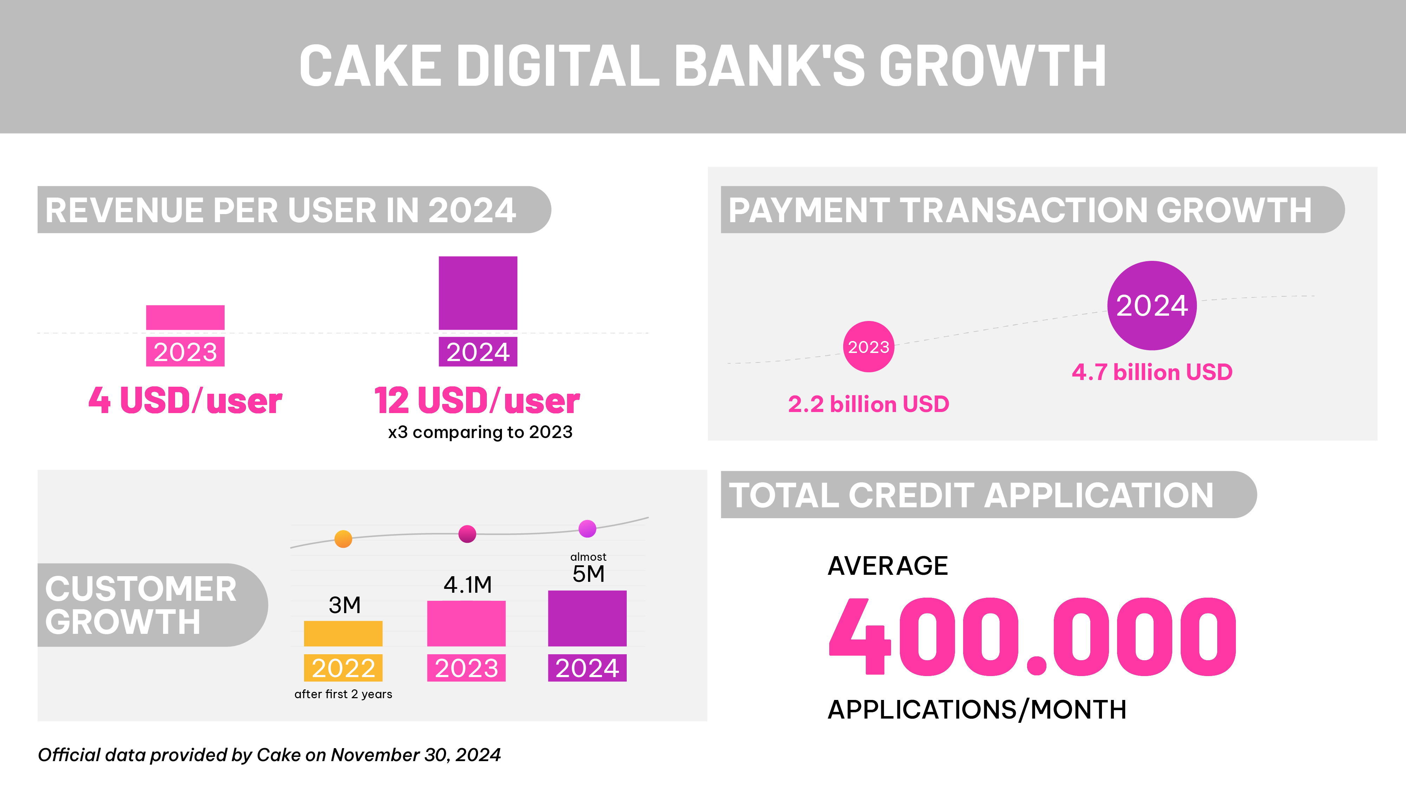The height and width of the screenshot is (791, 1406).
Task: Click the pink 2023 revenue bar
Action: pos(185,317)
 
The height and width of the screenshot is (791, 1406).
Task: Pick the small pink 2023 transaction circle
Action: pos(868,347)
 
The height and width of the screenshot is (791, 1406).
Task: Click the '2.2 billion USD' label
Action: pos(868,404)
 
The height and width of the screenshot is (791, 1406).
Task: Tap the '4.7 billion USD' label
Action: pos(1152,372)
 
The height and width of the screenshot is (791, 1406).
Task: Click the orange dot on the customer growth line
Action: pos(343,539)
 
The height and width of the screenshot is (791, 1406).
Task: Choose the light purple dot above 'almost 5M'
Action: pos(587,528)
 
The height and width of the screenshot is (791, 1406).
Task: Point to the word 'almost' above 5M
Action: pos(588,557)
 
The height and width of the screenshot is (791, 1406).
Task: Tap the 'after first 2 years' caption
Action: pos(343,694)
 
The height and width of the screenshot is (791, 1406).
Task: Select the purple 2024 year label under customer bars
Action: pos(587,668)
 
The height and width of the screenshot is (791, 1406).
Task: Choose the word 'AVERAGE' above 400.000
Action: pos(888,566)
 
